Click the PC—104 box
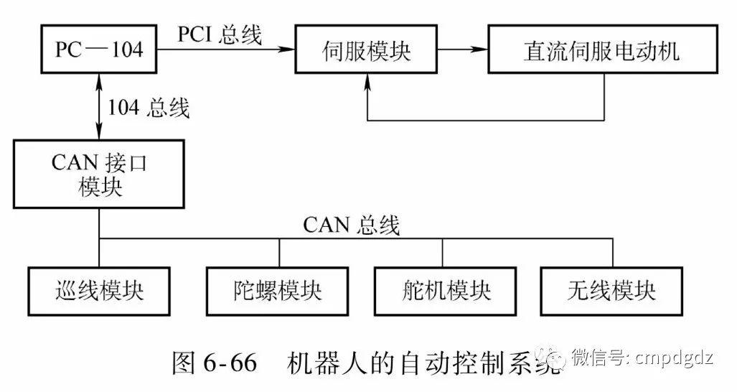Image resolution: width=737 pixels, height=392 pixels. pos(99,50)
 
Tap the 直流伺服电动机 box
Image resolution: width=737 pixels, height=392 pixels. pos(602,50)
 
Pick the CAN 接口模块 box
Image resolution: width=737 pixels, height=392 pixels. pos(99,174)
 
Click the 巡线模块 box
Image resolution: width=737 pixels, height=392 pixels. pos(99,291)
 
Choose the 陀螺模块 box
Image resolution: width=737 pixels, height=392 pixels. pos(278,291)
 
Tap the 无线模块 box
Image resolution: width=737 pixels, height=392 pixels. pos(611,291)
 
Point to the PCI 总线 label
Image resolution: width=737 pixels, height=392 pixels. pos(219,34)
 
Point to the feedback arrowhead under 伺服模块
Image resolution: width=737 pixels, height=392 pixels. pos(368,80)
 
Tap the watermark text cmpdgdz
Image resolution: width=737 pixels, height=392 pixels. pos(675,357)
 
